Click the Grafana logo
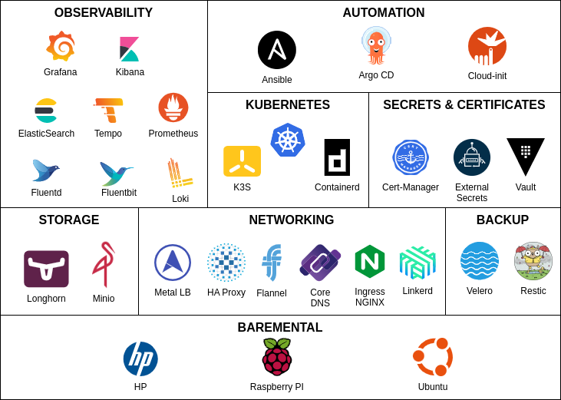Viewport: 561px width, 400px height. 61,47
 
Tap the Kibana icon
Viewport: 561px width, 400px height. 129,49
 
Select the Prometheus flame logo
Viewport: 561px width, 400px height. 173,107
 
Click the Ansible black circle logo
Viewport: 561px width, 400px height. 277,50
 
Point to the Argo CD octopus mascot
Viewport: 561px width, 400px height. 376,45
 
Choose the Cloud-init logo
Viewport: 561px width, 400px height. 487,47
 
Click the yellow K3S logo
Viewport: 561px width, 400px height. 242,161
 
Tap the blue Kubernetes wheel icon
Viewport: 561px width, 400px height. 288,140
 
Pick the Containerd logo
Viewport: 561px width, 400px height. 337,157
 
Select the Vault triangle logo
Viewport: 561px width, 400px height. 526,156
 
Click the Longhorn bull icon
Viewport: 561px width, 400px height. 46,269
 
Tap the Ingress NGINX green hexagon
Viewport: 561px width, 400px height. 370,262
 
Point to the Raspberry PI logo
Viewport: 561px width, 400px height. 277,357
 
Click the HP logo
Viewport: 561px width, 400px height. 140,359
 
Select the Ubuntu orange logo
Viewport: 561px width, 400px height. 433,357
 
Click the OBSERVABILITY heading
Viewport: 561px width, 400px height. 104,13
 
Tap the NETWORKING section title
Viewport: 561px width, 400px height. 292,220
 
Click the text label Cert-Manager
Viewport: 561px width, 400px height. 411,187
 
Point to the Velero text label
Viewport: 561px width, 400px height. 480,291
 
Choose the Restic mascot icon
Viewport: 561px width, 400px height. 533,261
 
